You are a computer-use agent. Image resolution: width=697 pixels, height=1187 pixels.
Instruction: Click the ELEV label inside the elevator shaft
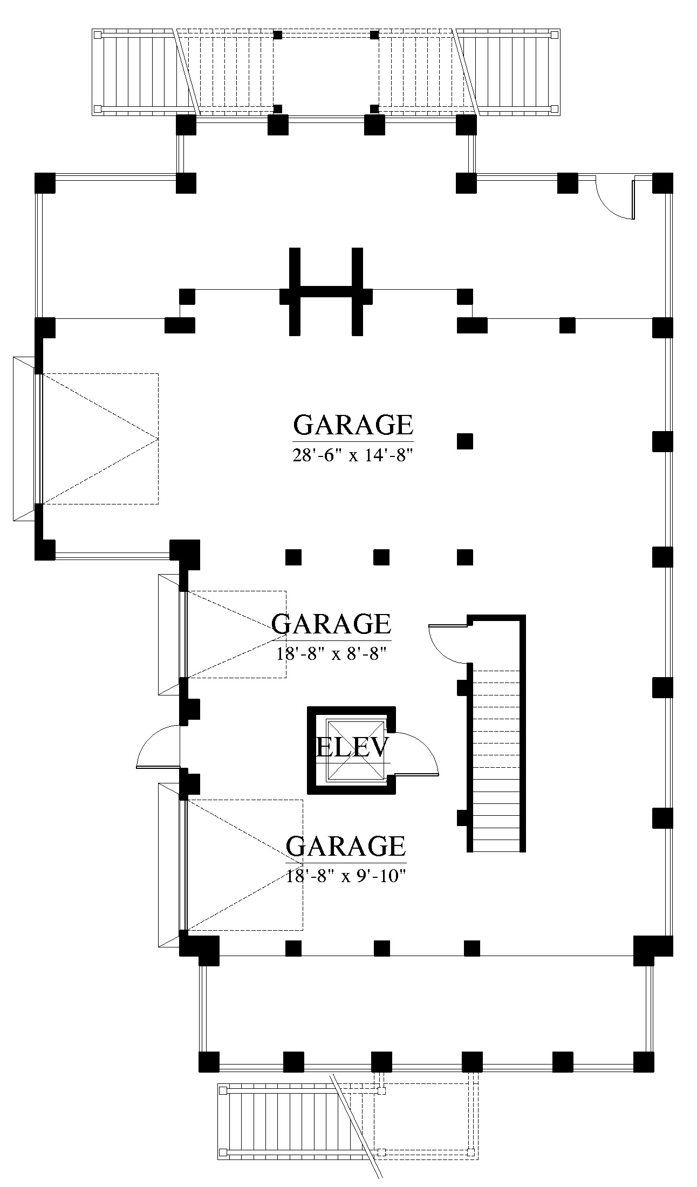[x=352, y=748]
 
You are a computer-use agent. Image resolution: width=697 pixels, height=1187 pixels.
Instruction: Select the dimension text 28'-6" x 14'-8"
[x=353, y=455]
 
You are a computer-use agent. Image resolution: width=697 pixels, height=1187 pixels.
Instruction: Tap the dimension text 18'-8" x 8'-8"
[x=332, y=654]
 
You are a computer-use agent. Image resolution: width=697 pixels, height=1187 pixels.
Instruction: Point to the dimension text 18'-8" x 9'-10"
[x=346, y=876]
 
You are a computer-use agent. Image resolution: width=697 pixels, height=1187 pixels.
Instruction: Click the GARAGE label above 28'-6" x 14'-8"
[x=353, y=425]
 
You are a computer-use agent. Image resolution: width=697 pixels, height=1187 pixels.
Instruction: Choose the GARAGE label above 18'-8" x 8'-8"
[x=331, y=624]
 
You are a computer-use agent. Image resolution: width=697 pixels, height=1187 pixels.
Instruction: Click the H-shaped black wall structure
[x=326, y=291]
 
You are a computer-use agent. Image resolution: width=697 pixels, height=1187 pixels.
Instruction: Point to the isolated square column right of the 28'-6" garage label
[x=465, y=441]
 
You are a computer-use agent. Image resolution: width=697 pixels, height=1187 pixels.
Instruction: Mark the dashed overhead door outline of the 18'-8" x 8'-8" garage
[x=236, y=635]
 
